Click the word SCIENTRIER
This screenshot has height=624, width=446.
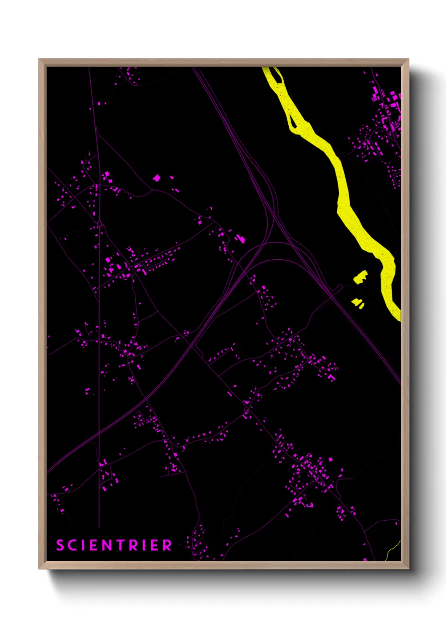click(114, 545)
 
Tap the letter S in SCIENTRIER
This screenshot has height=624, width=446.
click(60, 545)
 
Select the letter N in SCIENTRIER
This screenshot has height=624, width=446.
click(106, 545)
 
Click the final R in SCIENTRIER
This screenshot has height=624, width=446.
click(167, 545)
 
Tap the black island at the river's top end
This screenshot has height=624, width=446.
click(276, 75)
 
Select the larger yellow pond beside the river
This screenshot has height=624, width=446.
click(360, 277)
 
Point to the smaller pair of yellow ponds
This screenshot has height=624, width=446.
click(358, 302)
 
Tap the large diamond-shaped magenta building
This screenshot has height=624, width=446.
click(156, 178)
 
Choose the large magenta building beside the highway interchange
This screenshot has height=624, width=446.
click(241, 239)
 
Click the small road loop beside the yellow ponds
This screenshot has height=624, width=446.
click(339, 288)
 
